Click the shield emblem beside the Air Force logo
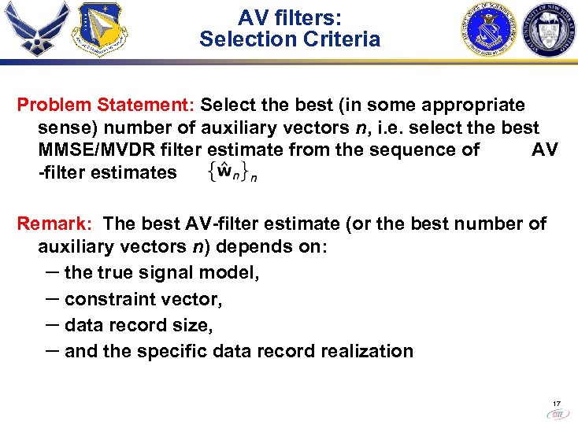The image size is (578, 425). click(98, 30)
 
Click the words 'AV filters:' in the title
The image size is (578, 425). click(289, 17)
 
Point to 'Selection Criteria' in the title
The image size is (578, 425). click(289, 39)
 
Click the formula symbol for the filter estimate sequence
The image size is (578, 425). click(232, 172)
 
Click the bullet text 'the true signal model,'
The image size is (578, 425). click(161, 273)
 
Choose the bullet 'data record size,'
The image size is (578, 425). click(139, 325)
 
